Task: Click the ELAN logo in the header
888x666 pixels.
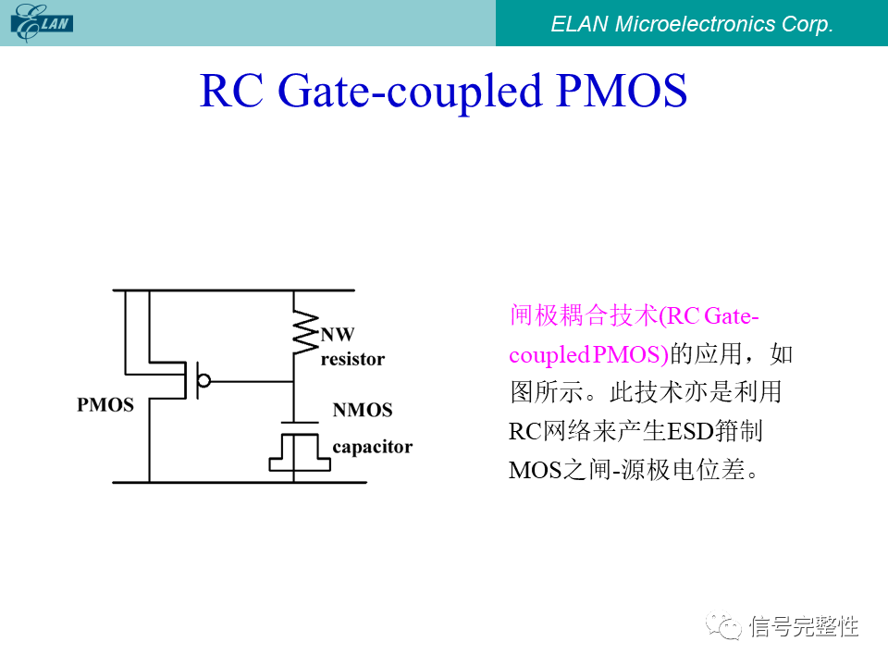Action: pyautogui.click(x=42, y=22)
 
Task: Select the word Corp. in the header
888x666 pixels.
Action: pyautogui.click(x=808, y=24)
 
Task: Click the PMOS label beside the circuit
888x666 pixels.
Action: pyautogui.click(x=105, y=405)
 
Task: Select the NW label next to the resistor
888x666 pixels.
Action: pyautogui.click(x=337, y=335)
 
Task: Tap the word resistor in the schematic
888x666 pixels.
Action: pyautogui.click(x=352, y=359)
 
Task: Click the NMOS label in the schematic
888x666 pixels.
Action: pyautogui.click(x=363, y=410)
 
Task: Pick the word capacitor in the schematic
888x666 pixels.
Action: pyautogui.click(x=372, y=448)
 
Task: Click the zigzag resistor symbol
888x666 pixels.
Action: pyautogui.click(x=303, y=332)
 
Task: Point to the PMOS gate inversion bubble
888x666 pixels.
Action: pyautogui.click(x=204, y=380)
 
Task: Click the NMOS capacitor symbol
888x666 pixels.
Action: pyautogui.click(x=294, y=449)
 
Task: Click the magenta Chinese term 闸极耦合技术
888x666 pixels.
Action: pyautogui.click(x=583, y=315)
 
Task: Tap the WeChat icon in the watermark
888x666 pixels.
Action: pyautogui.click(x=725, y=627)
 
